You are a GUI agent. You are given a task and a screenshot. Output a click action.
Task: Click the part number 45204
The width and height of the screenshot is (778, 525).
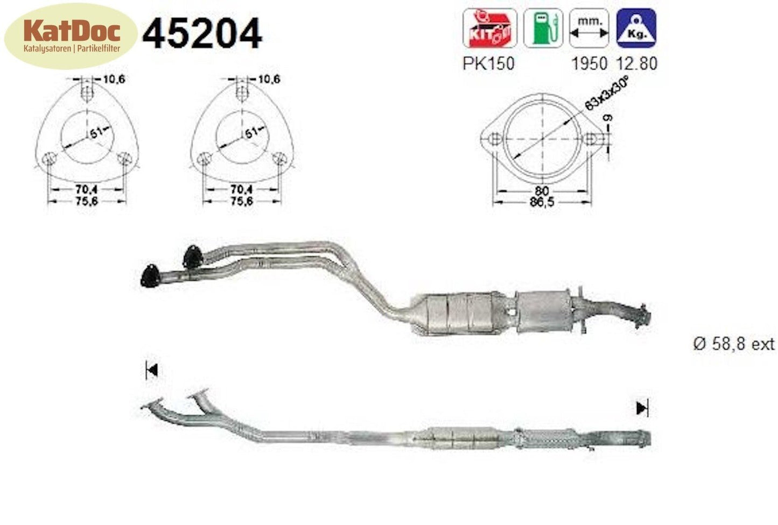coord(202,33)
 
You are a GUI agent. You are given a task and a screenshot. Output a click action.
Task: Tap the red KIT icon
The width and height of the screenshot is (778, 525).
coord(489,28)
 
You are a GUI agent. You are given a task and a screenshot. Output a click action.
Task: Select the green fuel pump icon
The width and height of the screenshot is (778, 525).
coord(543,28)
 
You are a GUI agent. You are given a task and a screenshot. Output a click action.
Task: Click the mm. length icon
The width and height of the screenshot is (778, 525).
coord(589,28)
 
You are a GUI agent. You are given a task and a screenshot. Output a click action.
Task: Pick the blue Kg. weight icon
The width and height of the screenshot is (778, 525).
coord(636,28)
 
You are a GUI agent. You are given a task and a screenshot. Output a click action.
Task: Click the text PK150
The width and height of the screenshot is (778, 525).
coord(488,63)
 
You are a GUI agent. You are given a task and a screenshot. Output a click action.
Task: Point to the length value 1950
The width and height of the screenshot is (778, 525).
coord(588,63)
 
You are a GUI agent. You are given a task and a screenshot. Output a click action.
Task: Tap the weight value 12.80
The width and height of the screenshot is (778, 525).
coord(636,63)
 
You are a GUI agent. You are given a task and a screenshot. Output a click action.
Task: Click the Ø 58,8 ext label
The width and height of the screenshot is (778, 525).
coord(733,344)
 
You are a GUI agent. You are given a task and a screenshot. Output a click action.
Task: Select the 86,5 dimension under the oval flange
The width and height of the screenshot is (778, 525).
coord(541,202)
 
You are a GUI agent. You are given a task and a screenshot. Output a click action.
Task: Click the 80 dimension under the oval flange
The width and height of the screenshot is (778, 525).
coord(542,191)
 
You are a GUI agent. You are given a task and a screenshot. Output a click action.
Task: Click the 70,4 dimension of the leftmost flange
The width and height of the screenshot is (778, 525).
coord(86,189)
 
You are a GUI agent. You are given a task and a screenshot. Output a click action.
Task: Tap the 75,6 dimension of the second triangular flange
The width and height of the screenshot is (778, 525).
coord(241,201)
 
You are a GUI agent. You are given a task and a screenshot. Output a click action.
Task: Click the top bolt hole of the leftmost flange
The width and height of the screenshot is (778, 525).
coord(87,93)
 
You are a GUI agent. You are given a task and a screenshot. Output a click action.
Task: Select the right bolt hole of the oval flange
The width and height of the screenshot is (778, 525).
coord(591,139)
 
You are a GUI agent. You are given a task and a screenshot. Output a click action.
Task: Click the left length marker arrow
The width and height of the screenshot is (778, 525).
coord(151,370)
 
